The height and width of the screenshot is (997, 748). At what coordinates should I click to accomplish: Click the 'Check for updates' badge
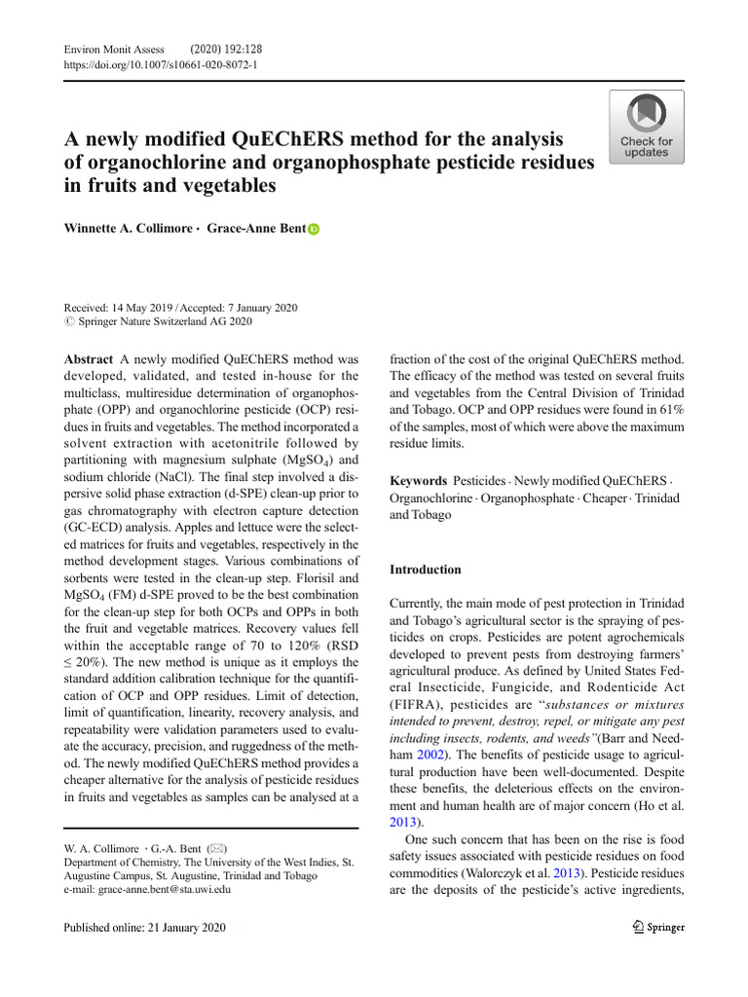tap(646, 127)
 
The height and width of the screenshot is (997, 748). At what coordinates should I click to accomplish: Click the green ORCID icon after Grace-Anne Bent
tap(314, 230)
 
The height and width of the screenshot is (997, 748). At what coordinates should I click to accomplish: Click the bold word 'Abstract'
tap(88, 359)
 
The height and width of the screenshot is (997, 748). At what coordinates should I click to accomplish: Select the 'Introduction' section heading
tap(426, 569)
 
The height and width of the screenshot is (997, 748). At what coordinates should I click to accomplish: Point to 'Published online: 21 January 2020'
tap(144, 928)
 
